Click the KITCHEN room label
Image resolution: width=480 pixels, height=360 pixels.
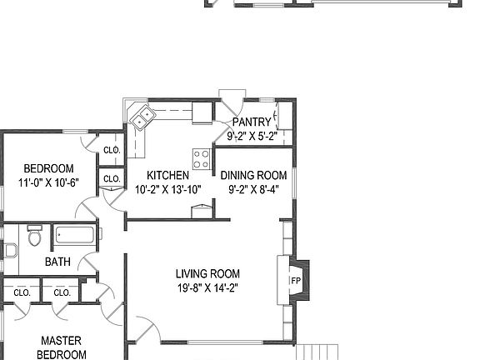click(167, 175)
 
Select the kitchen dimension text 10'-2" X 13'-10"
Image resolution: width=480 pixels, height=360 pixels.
click(167, 189)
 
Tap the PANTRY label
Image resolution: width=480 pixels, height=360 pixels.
click(252, 122)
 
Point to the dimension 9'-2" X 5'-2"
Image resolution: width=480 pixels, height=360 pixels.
click(252, 136)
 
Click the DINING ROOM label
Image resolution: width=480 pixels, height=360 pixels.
click(253, 175)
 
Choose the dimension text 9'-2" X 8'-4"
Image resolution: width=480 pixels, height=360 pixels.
click(253, 189)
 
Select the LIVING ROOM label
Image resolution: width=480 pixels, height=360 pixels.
click(207, 273)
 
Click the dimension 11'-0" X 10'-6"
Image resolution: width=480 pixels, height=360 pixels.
click(48, 182)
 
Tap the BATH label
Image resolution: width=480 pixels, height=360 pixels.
click(57, 262)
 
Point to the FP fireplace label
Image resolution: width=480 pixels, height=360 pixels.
click(295, 281)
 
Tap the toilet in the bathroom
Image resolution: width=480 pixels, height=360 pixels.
click(34, 237)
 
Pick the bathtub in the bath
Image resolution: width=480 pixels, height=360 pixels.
click(76, 237)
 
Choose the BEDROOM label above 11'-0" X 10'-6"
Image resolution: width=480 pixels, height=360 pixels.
click(48, 168)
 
